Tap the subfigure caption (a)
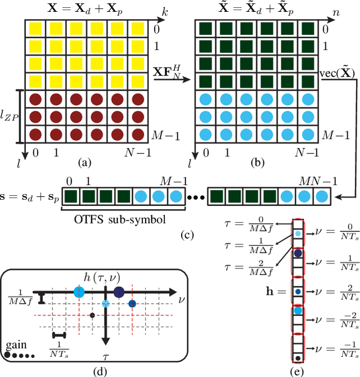point(84,163)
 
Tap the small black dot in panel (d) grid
point(92,315)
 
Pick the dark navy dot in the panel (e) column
point(298,253)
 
